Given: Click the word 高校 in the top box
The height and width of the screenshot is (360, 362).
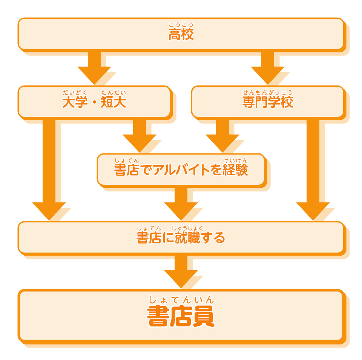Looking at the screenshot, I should (181, 35).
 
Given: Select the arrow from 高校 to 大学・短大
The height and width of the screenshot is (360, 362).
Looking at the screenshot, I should (94, 68).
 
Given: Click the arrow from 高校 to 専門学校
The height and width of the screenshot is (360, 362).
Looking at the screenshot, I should (268, 68).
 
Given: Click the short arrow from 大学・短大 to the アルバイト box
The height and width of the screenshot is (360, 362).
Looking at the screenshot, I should (140, 136).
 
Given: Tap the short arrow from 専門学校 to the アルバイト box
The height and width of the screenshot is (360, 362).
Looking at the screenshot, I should (222, 136).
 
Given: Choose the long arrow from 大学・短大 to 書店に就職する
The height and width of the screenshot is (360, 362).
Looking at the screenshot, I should (49, 170).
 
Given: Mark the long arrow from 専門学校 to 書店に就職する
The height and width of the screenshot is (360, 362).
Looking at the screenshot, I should (313, 170).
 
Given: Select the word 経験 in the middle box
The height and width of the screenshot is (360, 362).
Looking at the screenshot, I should (235, 170).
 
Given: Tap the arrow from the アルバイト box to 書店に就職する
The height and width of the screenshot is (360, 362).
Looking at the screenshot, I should (181, 204).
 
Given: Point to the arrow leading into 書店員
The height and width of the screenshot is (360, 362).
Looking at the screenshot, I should (181, 271).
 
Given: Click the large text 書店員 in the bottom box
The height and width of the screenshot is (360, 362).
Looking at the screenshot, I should (181, 317).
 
